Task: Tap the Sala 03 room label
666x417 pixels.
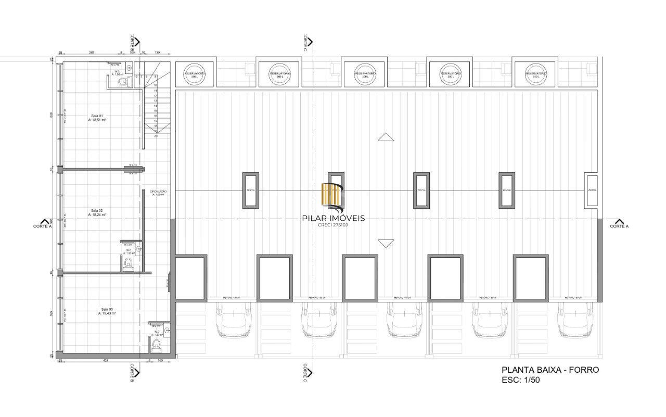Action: [108, 311]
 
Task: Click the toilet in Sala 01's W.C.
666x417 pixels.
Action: [122, 82]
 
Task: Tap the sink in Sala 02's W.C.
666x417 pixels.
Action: [138, 249]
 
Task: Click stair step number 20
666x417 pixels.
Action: [156, 136]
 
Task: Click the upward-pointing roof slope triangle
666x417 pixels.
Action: [386, 137]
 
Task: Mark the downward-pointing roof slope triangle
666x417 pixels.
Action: [386, 243]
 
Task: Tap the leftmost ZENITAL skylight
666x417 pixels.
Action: [251, 191]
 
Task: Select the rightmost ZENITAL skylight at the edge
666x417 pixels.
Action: [592, 191]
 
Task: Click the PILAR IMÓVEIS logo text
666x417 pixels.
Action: [334, 218]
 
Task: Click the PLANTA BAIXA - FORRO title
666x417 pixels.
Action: [550, 370]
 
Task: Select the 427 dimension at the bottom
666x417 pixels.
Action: [105, 360]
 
